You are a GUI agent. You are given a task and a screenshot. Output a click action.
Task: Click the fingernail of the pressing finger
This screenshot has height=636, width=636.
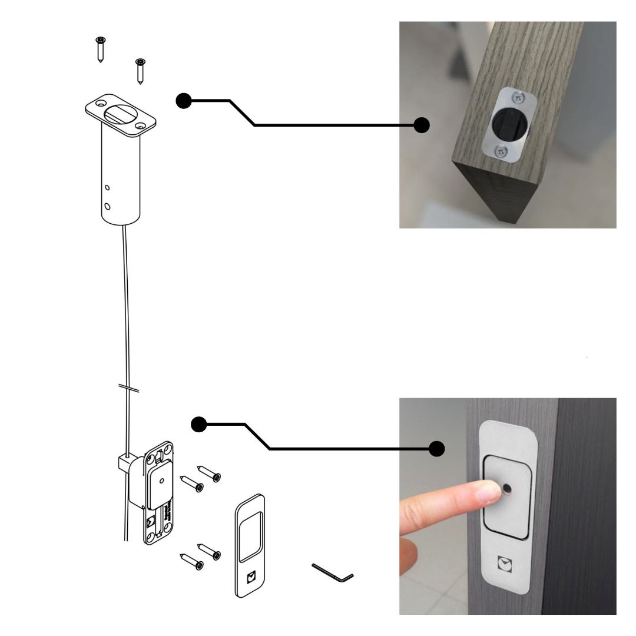pyautogui.click(x=486, y=492)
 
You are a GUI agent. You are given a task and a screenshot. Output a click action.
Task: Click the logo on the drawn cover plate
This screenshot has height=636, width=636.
pyautogui.click(x=251, y=577)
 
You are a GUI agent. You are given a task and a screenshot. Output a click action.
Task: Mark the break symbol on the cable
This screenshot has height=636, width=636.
pyautogui.click(x=128, y=388)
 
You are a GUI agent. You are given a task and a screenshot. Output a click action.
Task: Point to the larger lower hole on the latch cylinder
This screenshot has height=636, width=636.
pyautogui.click(x=107, y=206)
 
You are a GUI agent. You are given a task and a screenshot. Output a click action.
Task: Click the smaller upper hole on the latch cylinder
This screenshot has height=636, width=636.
pyautogui.click(x=107, y=188)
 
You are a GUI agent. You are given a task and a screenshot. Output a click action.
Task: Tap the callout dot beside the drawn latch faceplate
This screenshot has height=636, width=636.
pyautogui.click(x=184, y=101)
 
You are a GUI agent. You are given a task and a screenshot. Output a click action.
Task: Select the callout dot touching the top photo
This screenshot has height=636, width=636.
pyautogui.click(x=422, y=125)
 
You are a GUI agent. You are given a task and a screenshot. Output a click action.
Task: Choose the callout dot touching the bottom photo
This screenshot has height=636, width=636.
pyautogui.click(x=436, y=449)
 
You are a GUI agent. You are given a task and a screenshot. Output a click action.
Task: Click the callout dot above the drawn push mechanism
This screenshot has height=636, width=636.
pyautogui.click(x=200, y=423)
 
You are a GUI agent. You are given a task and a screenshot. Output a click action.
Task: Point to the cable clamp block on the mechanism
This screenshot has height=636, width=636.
pyautogui.click(x=124, y=462)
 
